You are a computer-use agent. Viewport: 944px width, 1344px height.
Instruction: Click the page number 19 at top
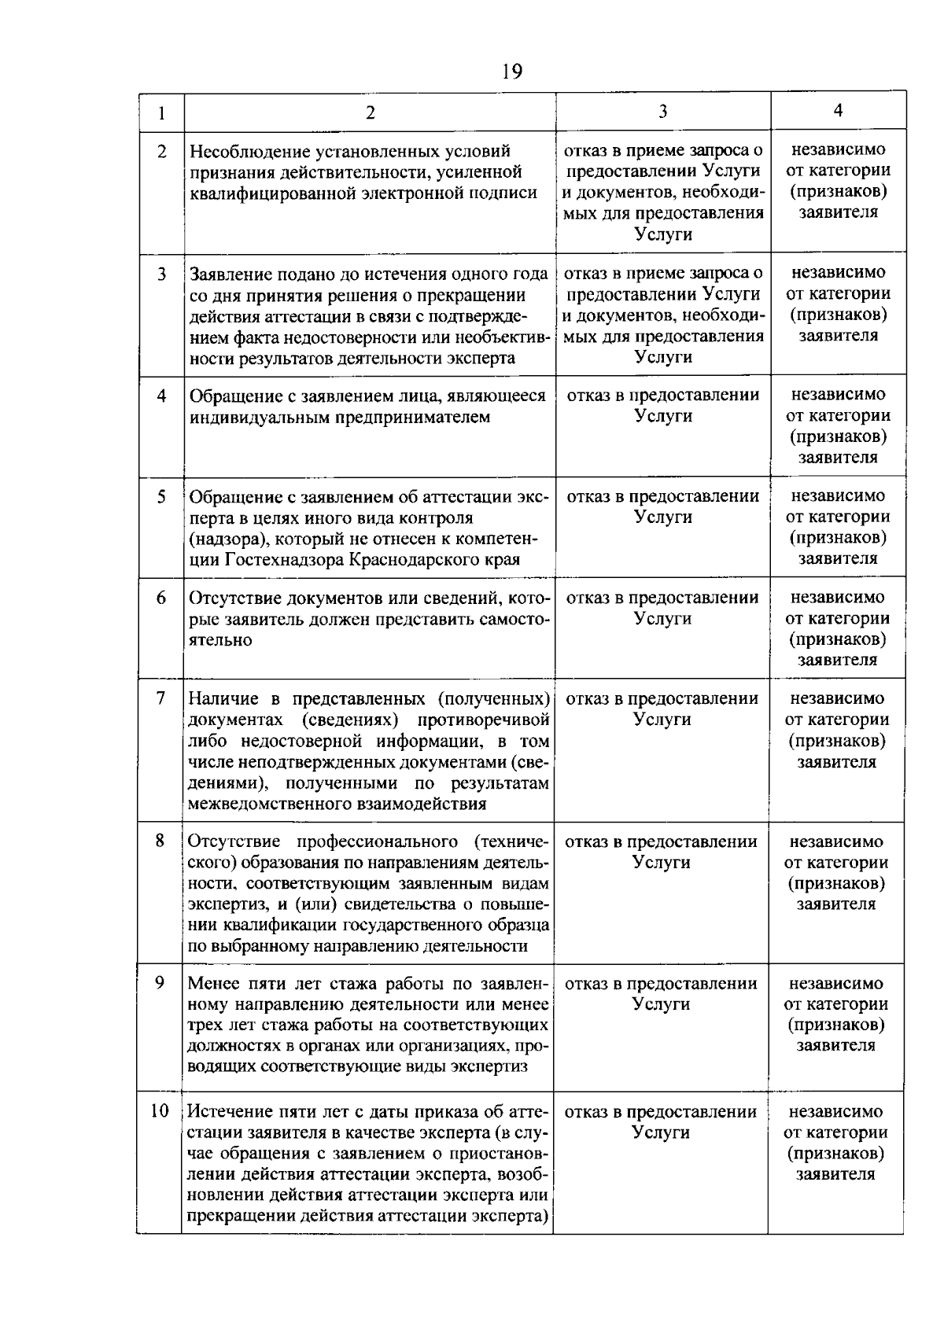(511, 72)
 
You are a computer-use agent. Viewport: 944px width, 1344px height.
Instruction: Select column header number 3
(663, 112)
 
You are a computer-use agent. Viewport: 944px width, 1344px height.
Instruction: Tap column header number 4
(838, 111)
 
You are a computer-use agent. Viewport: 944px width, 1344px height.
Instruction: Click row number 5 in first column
(161, 497)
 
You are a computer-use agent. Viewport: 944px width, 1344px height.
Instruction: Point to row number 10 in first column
(160, 1111)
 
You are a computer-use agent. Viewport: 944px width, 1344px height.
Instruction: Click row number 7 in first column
(160, 698)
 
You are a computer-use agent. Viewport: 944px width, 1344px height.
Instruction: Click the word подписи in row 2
(509, 193)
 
